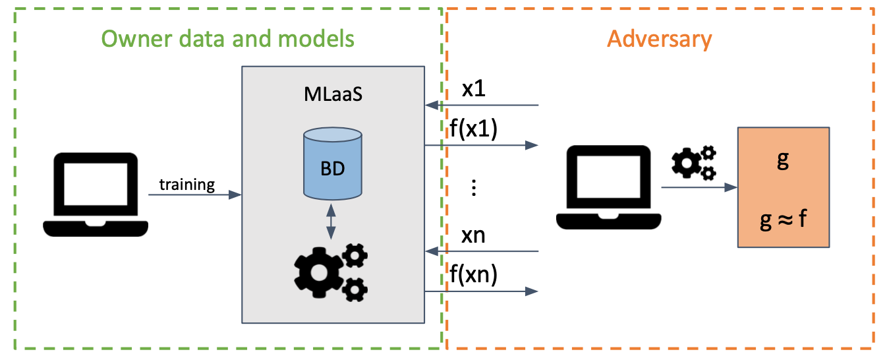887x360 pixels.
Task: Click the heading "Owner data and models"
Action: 228,39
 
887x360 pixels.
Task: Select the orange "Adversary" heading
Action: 660,39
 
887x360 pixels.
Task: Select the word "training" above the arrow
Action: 187,184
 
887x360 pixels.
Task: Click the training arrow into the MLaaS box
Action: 194,195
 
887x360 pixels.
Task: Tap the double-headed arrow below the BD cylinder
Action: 331,221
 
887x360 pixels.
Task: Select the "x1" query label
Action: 473,89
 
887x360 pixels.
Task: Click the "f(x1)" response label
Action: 473,129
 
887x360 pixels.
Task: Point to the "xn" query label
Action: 473,235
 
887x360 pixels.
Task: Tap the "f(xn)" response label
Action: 473,274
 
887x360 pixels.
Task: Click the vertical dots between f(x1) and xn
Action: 473,188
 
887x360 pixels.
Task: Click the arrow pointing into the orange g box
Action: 699,188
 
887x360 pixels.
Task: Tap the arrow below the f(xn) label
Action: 481,291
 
